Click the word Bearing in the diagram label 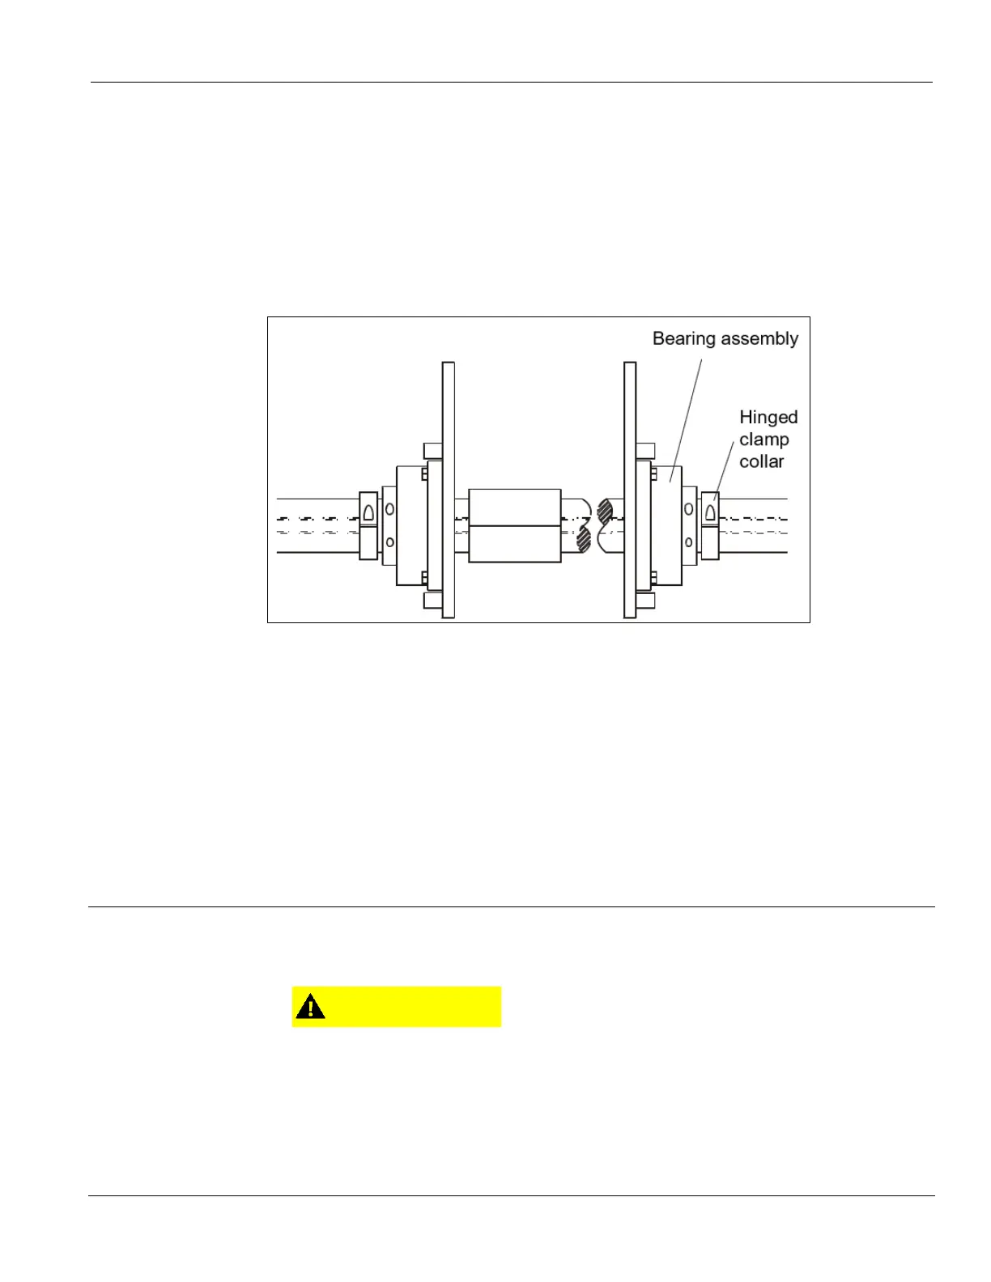682,339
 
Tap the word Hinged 768,418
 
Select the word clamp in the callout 763,439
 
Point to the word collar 761,461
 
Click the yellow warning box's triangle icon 310,1007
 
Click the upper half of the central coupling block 514,507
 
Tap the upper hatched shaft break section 604,511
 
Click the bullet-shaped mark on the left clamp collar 368,512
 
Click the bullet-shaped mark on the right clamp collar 710,512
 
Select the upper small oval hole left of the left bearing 389,509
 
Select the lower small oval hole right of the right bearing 689,542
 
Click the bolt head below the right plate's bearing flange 645,601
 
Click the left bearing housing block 410,526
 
